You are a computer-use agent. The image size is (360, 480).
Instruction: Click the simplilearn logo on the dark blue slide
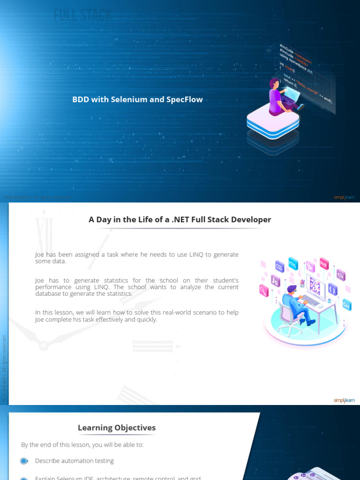345,197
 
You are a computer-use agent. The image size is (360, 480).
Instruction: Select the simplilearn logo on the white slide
345,400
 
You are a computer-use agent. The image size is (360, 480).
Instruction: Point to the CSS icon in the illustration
279,267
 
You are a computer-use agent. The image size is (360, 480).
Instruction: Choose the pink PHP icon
323,263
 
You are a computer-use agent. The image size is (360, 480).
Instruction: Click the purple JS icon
276,281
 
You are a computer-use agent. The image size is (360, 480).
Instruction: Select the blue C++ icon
346,305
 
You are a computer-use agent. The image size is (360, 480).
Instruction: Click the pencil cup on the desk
302,284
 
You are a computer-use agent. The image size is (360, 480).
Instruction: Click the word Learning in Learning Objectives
95,427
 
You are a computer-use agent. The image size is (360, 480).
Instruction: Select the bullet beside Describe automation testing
24,461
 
